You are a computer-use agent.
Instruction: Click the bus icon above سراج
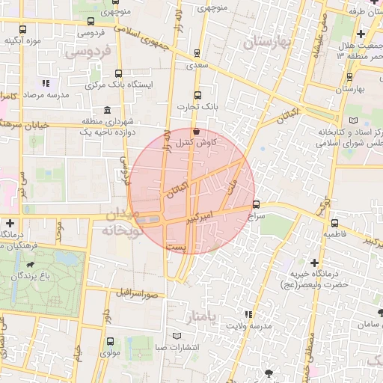(x=257, y=203)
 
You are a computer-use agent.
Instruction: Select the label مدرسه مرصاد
(x=23, y=96)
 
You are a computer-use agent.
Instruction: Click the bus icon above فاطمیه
(x=334, y=222)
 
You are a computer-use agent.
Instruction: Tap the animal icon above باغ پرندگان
(x=30, y=264)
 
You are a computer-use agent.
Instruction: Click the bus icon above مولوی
(x=110, y=340)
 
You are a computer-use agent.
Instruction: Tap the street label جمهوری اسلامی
(x=145, y=32)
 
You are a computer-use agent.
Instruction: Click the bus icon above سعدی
(x=197, y=53)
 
